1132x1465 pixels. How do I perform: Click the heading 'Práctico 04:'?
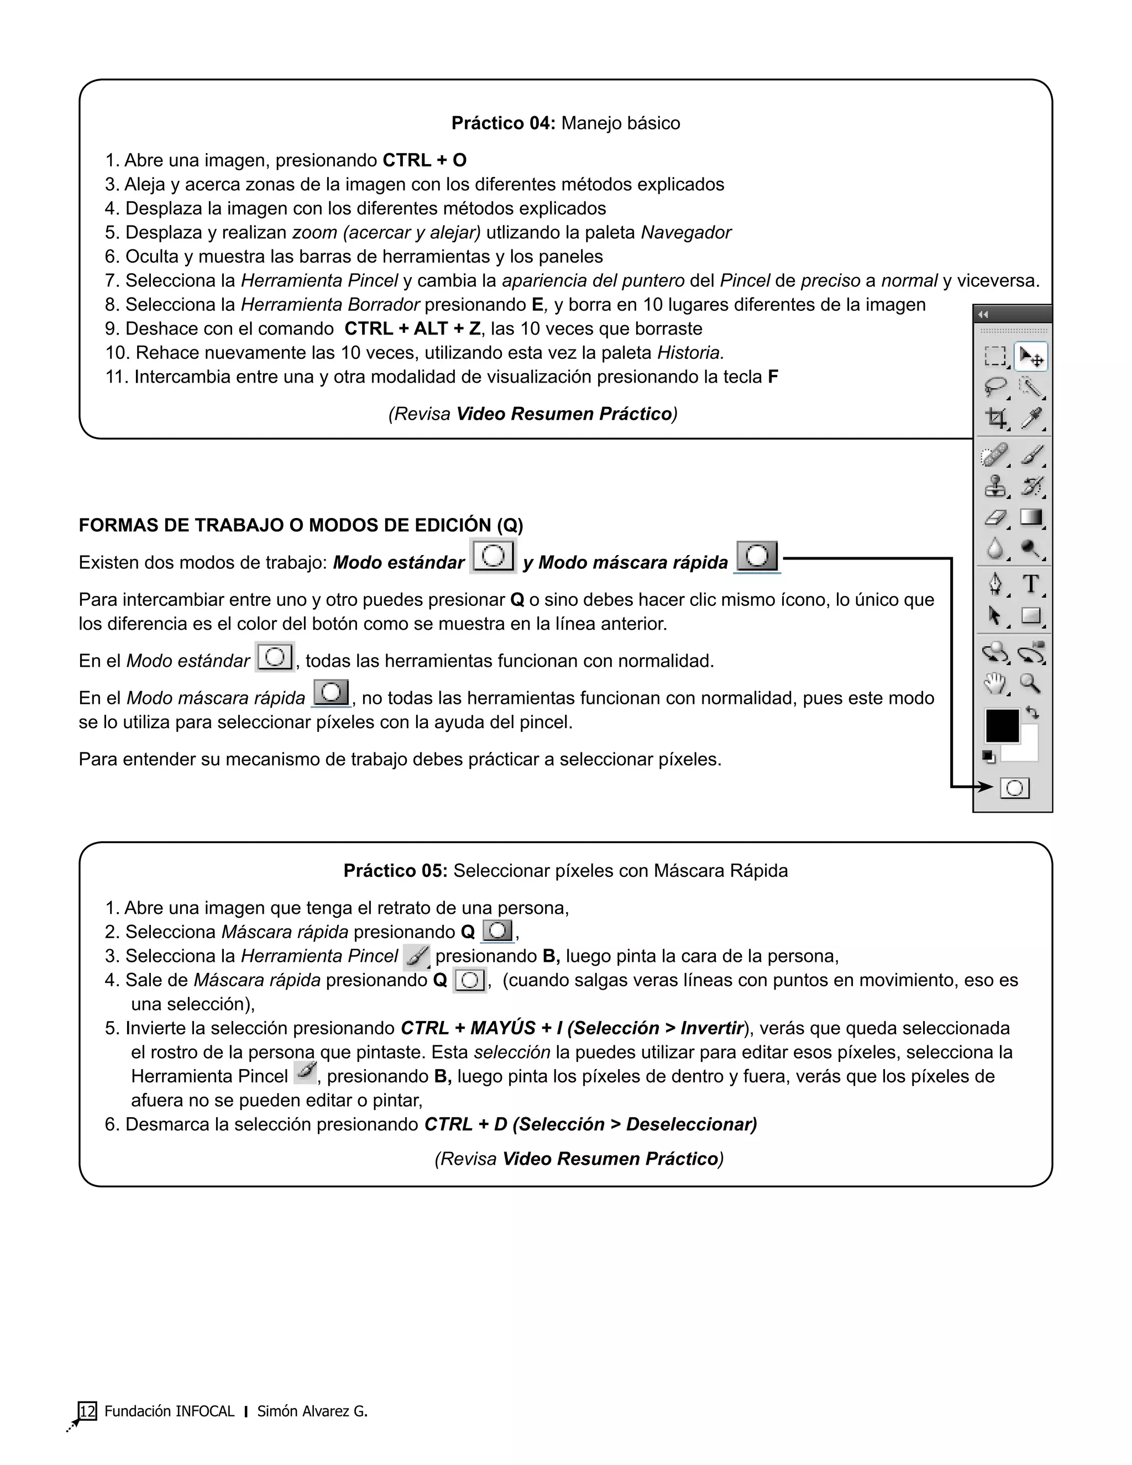[x=503, y=123]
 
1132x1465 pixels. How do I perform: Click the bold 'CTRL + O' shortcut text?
[x=424, y=160]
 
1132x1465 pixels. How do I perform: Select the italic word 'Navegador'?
[x=685, y=233]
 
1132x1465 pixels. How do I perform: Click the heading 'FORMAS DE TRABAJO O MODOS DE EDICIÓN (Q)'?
[x=301, y=525]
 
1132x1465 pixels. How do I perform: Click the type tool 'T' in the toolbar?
[x=1031, y=584]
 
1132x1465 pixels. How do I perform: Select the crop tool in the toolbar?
[x=996, y=418]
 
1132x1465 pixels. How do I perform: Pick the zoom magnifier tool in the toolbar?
[x=1031, y=683]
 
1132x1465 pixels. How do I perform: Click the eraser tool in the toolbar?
[x=996, y=517]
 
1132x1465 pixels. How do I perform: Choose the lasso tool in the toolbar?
[x=996, y=386]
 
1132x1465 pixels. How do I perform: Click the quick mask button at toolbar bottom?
[x=1014, y=788]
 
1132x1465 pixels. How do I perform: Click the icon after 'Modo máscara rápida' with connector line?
[x=757, y=557]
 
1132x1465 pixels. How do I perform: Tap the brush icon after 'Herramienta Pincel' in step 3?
[x=416, y=956]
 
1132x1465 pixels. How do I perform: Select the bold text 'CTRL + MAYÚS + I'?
[x=482, y=1028]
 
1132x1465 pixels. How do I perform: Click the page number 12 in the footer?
[x=87, y=1411]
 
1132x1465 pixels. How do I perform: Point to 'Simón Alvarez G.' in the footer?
[x=312, y=1411]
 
